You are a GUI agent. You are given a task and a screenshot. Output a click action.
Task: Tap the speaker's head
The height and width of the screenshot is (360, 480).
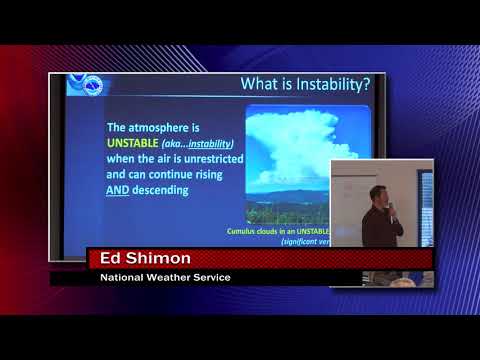coord(377,193)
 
